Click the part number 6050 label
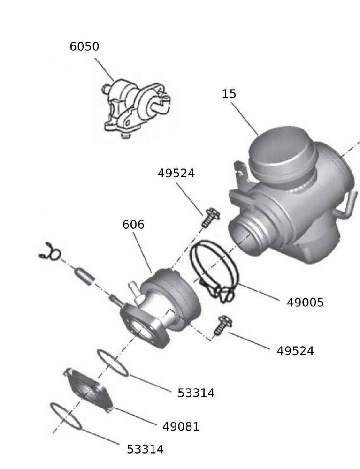84,47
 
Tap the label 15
229,94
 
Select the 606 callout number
133,225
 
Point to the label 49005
305,303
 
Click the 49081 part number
181,427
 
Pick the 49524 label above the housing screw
176,173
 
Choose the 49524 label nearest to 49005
295,350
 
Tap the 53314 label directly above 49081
196,393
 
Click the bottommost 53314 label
146,449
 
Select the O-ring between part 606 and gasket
113,363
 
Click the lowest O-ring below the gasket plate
66,416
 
